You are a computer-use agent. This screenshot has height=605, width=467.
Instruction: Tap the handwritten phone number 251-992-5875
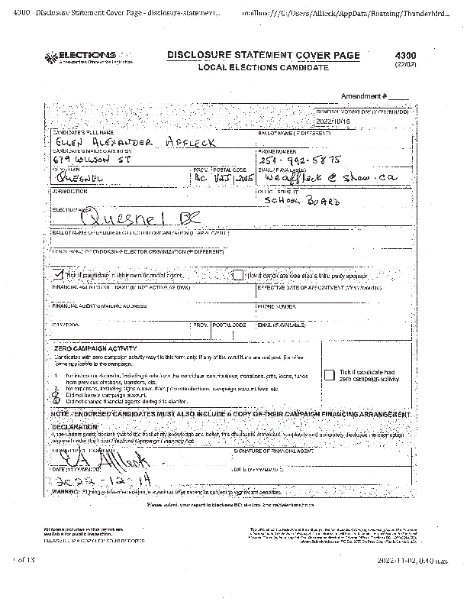pos(299,160)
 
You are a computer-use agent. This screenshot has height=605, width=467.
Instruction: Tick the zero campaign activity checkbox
pos(329,374)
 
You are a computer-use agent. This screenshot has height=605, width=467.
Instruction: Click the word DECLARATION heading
pos(76,426)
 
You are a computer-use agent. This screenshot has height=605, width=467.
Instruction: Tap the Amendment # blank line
pos(398,97)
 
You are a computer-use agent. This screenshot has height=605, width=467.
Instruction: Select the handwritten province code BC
pos(200,176)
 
